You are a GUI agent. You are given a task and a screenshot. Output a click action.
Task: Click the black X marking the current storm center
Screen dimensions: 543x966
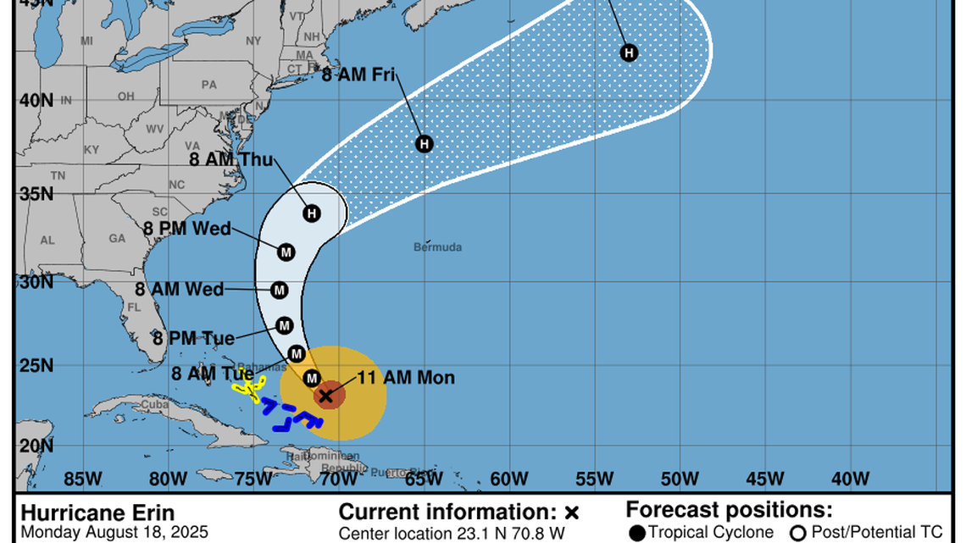coord(325,396)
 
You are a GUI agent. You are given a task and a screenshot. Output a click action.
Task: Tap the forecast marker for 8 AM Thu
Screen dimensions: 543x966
coord(312,213)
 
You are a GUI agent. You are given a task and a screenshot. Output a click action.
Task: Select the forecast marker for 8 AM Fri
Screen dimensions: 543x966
coord(424,144)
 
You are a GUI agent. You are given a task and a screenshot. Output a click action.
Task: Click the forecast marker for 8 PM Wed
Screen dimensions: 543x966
coord(286,252)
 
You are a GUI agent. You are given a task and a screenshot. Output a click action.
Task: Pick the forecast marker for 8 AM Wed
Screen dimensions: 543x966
coord(280,291)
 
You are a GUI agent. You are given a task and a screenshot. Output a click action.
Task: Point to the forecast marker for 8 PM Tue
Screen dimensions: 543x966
coord(285,325)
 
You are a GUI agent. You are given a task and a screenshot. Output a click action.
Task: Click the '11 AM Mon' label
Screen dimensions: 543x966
coord(408,378)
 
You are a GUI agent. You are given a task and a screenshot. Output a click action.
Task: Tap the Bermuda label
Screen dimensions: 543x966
coord(438,247)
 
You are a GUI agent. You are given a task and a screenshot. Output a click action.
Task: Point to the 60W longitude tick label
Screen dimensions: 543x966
coord(508,479)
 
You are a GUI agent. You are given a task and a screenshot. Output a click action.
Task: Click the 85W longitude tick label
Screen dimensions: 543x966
coord(83,479)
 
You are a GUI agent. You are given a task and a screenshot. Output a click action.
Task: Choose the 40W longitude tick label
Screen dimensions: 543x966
coord(850,479)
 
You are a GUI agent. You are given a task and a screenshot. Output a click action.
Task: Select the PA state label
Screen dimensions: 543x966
coord(208,85)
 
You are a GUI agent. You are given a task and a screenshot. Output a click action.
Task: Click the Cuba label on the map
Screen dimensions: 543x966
coord(155,404)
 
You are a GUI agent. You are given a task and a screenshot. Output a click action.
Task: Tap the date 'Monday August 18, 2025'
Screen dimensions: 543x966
coord(103,533)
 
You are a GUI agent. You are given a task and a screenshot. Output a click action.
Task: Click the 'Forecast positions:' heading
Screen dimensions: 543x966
coord(729,510)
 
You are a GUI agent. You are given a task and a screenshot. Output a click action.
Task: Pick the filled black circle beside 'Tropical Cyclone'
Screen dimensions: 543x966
coord(636,533)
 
